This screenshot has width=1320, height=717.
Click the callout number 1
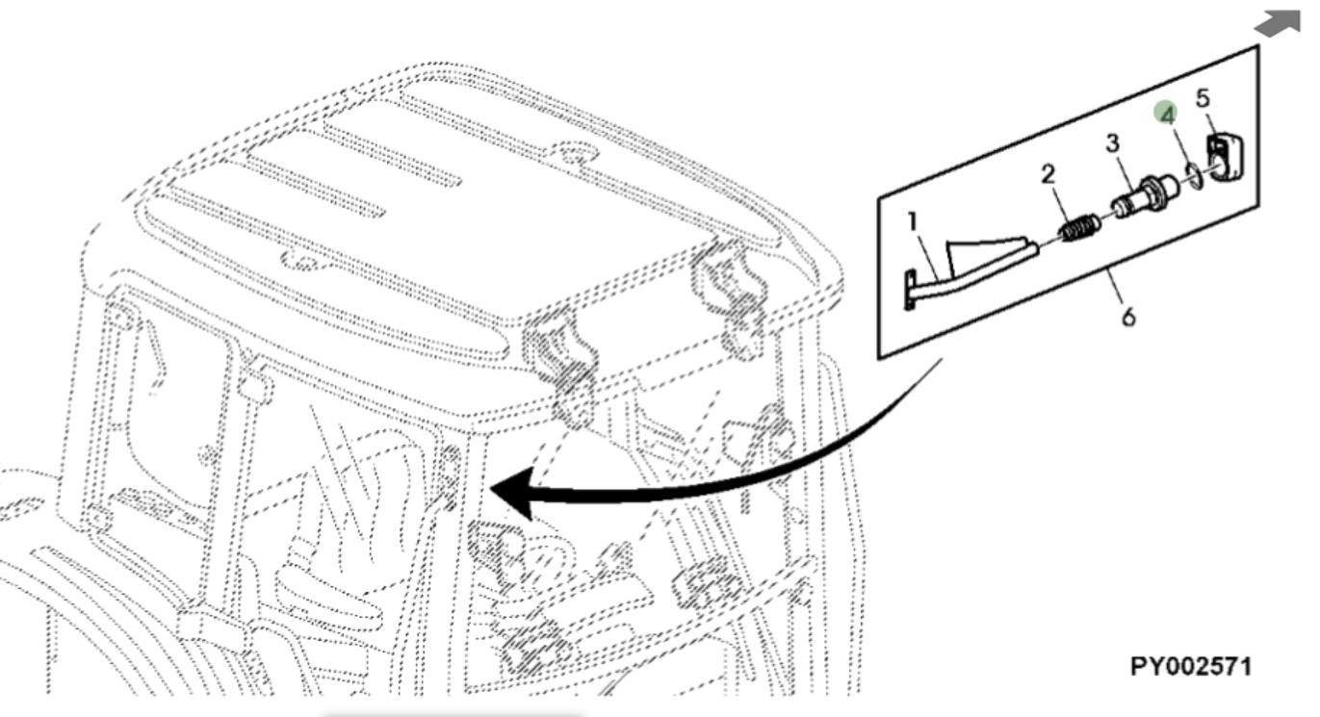click(913, 223)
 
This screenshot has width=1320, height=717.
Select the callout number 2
click(1048, 173)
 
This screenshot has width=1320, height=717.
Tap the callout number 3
click(1112, 144)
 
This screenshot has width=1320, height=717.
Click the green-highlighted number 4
click(1167, 114)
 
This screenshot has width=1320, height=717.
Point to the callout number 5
click(1202, 98)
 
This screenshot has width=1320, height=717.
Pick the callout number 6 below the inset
click(1128, 315)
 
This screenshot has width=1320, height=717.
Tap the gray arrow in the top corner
click(1279, 24)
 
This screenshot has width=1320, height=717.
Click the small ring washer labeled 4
click(1192, 175)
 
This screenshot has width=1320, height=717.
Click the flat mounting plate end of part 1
click(909, 291)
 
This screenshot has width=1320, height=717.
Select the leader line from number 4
click(1179, 144)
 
